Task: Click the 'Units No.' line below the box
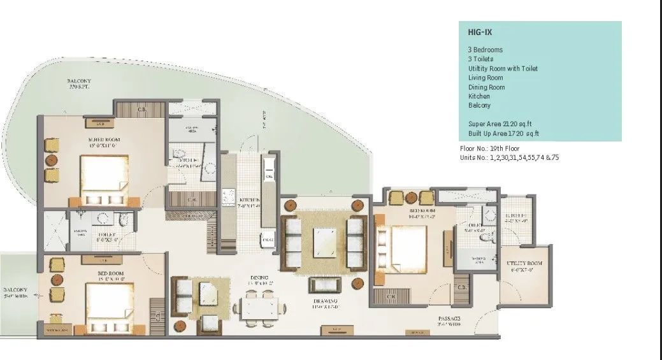509,157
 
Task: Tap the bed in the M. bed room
105,179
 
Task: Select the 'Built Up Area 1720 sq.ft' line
503,133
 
